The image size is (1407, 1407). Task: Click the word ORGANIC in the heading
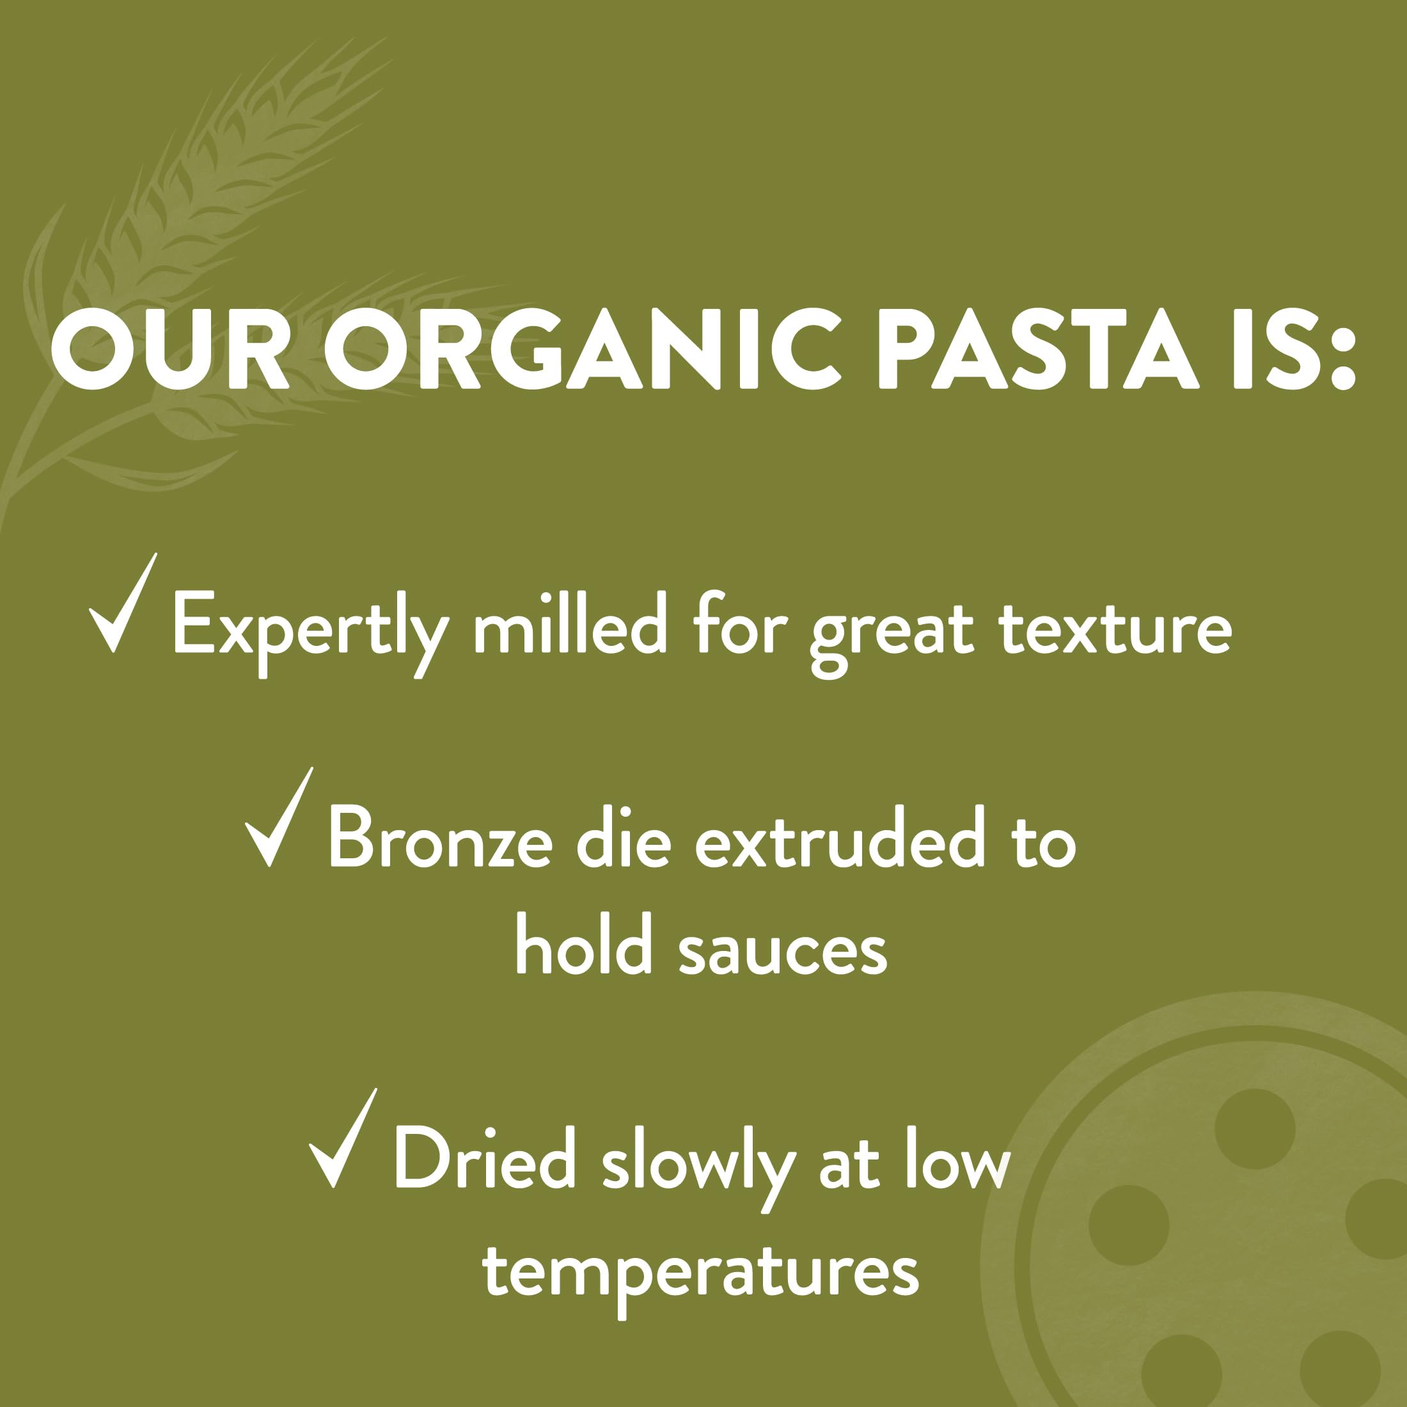pyautogui.click(x=583, y=349)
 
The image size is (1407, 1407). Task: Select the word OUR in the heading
pyautogui.click(x=170, y=349)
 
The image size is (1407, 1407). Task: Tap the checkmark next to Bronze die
pyautogui.click(x=279, y=817)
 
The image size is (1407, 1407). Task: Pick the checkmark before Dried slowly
pyautogui.click(x=343, y=1138)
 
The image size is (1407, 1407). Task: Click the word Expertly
pyautogui.click(x=310, y=632)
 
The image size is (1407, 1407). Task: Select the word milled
pyautogui.click(x=569, y=623)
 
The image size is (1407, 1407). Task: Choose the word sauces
pyautogui.click(x=783, y=954)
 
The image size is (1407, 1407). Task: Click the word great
pyautogui.click(x=892, y=636)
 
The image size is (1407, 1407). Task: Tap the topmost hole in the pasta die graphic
pyautogui.click(x=1255, y=1129)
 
